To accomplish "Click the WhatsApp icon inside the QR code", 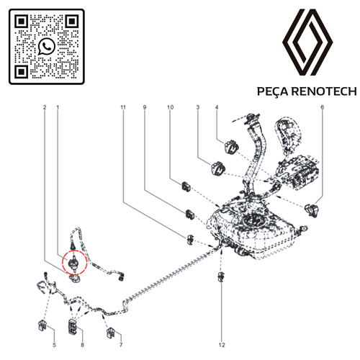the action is point(47,46).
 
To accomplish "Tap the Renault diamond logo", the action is point(307,42).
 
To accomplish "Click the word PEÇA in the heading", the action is point(272,91).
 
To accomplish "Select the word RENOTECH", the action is point(324,91).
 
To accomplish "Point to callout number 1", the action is point(58,107).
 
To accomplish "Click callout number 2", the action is point(45,107).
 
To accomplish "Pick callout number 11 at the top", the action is point(123,107).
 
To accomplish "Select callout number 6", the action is point(323,107).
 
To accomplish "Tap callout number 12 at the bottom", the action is point(222,345).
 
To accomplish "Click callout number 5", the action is point(55,345).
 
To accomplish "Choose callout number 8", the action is point(82,345).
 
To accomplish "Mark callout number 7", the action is point(121,345).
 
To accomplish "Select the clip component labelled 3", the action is point(218,168).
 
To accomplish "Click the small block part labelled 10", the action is point(186,186).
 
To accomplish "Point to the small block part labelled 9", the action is point(189,214).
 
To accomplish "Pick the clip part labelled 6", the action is point(312,210).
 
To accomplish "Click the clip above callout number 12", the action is point(221,277).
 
